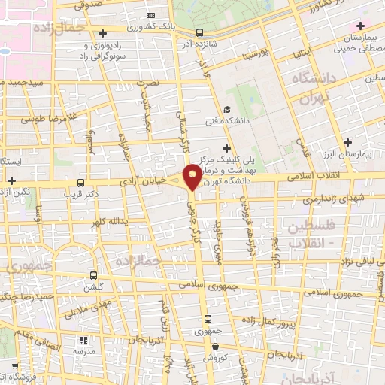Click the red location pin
coord(193,176)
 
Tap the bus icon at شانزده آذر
coord(199,32)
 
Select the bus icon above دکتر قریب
coord(80,182)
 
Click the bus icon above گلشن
coord(93,275)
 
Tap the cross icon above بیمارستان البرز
coord(347,142)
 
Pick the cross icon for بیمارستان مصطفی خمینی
coord(361,26)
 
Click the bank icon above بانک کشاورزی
coord(150,16)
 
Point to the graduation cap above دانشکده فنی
coord(226,109)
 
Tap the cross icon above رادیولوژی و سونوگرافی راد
coord(102,33)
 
